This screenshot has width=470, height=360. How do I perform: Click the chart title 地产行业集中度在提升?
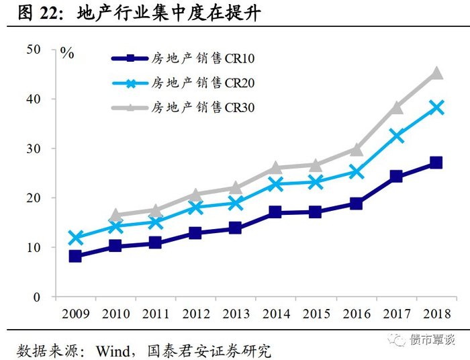169,13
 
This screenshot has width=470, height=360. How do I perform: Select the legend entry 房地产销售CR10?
183,58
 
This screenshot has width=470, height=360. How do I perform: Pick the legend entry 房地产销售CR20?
183,83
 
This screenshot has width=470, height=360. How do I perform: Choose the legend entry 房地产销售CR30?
183,107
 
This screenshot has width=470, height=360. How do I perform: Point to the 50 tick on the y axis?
34,50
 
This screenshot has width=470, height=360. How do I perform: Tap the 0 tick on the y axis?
36,297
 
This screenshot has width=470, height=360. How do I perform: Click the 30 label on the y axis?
34,148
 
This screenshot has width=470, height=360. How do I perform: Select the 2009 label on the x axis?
75,314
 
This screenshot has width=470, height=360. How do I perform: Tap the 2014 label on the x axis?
277,314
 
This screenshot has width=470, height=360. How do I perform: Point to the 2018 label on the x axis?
436,314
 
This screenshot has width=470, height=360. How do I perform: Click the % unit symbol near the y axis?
67,53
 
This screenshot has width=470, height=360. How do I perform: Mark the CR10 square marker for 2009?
75,257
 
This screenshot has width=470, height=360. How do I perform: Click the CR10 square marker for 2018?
436,163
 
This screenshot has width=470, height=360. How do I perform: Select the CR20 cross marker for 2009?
75,237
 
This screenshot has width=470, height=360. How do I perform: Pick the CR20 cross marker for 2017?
396,136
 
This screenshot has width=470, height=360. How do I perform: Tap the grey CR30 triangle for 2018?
436,73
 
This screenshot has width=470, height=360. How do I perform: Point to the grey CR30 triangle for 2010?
115,215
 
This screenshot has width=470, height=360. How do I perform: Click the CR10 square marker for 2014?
275,212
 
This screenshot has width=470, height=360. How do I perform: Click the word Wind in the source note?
113,351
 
